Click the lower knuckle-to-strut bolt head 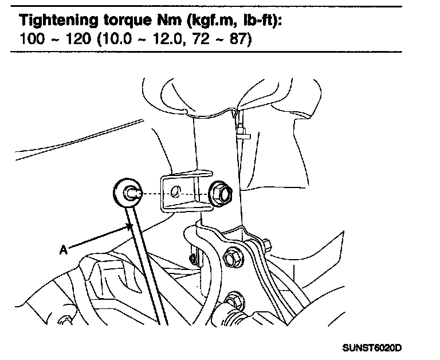point(233,299)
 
